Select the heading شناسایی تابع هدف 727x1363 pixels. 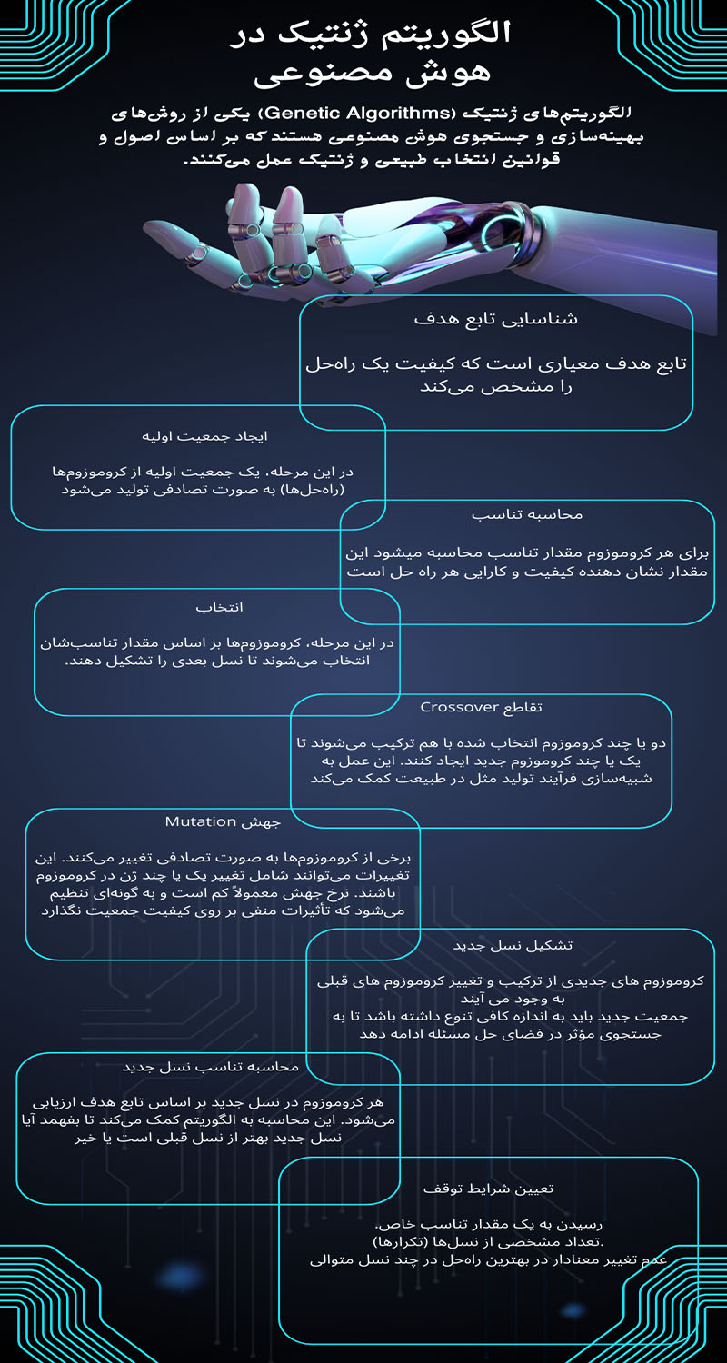(495, 319)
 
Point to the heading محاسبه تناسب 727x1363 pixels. (527, 514)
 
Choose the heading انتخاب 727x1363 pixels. (220, 607)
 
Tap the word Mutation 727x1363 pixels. (201, 821)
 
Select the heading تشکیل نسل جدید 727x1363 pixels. (513, 945)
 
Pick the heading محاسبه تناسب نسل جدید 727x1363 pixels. (210, 1066)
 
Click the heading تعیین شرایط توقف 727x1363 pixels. (488, 1188)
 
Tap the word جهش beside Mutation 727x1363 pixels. (261, 821)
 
